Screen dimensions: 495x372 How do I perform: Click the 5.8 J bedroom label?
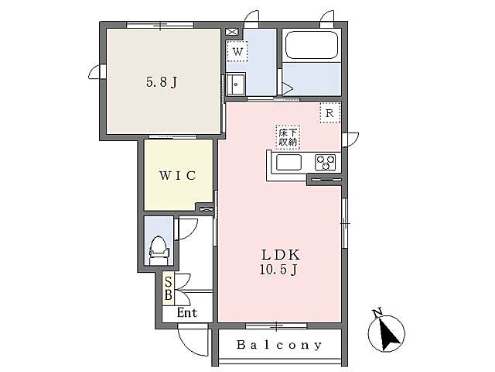(162, 82)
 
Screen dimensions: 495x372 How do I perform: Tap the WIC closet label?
(178, 176)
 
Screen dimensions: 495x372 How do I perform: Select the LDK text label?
(280, 255)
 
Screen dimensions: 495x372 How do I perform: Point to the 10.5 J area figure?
(278, 270)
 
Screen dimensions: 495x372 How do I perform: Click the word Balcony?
(279, 345)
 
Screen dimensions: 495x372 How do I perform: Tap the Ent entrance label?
(187, 313)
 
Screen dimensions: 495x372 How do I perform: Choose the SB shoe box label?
(169, 288)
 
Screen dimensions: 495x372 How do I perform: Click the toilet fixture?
(159, 250)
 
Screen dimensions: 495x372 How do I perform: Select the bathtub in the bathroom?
(312, 45)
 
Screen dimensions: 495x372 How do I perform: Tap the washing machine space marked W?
(237, 51)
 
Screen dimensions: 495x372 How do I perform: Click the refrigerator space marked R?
(330, 113)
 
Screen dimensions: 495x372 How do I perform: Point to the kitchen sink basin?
(288, 163)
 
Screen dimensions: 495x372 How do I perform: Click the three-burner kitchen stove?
(326, 162)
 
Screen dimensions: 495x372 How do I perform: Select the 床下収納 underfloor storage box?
(288, 137)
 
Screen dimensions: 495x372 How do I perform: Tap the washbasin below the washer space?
(236, 84)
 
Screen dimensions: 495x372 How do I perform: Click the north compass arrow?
(387, 333)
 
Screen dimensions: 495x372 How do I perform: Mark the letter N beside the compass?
(377, 312)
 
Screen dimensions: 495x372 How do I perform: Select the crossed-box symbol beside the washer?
(232, 32)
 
